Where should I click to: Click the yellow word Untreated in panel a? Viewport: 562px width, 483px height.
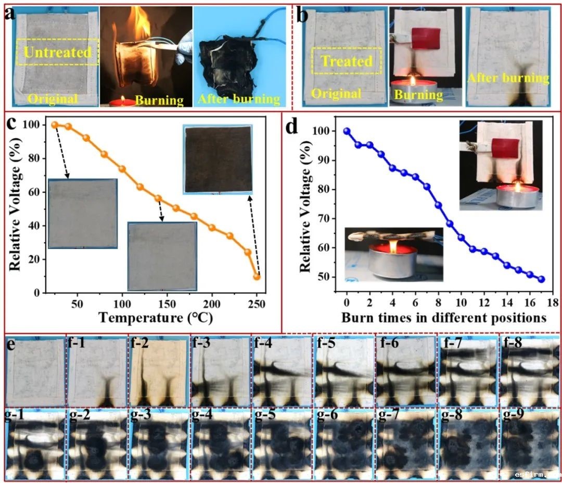(57, 52)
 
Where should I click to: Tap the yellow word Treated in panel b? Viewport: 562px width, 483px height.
(347, 61)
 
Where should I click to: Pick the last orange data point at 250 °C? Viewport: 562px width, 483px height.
(257, 277)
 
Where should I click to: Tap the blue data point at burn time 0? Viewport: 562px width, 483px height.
(347, 131)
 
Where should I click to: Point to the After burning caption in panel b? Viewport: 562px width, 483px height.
(508, 78)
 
